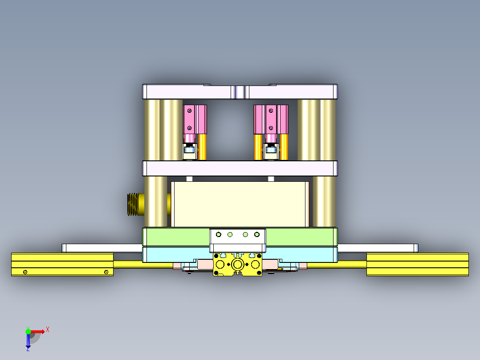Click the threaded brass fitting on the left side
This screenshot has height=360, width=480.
coord(134,205)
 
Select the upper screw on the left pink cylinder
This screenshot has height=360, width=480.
coord(190,110)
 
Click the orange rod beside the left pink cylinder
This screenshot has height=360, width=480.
coord(203,147)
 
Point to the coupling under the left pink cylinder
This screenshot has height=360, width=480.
coord(190,151)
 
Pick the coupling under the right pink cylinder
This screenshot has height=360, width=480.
coord(270,151)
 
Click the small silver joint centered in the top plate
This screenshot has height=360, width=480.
coord(240,92)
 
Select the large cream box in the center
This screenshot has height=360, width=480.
coord(240,204)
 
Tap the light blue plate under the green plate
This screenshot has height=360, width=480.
coord(169,254)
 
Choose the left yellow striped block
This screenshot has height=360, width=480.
coord(62,264)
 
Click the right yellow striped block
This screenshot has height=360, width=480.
coord(417,264)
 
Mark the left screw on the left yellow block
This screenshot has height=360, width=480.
coord(25,272)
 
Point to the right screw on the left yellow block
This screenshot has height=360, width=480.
coord(106,272)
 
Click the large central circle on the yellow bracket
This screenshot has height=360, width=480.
coord(237,265)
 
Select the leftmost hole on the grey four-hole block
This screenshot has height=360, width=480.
coord(218,234)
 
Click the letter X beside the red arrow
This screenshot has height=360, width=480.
coord(48,329)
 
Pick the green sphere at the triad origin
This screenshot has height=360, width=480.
coord(28,331)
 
